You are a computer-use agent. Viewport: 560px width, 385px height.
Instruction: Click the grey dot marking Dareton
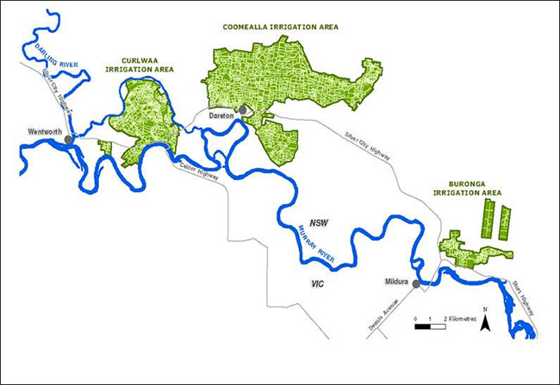[x=243, y=109]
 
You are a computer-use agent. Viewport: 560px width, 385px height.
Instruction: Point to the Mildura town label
[x=395, y=281]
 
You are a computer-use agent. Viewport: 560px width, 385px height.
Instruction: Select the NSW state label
[x=320, y=222]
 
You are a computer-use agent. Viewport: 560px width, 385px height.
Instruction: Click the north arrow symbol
[x=486, y=324]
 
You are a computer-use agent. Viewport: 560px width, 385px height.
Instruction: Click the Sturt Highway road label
[x=520, y=297]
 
